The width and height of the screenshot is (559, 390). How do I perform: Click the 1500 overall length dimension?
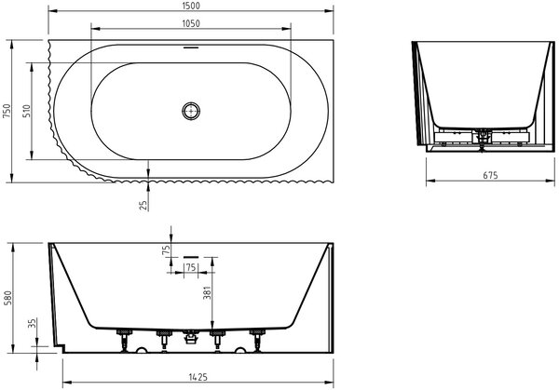point(191,6)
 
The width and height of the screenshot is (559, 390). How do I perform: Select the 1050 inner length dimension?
point(191,23)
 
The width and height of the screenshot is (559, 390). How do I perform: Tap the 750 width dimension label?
point(7,111)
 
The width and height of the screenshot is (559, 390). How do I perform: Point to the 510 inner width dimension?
point(27,111)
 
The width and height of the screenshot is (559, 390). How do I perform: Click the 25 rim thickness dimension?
point(143,205)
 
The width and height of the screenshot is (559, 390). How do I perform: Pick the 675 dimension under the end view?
point(490,175)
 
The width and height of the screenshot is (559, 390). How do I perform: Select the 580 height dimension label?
point(7,298)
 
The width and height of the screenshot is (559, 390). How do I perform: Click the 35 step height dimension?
point(32,323)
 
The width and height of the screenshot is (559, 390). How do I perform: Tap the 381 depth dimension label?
point(207,293)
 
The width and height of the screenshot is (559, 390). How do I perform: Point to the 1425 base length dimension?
point(198,377)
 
